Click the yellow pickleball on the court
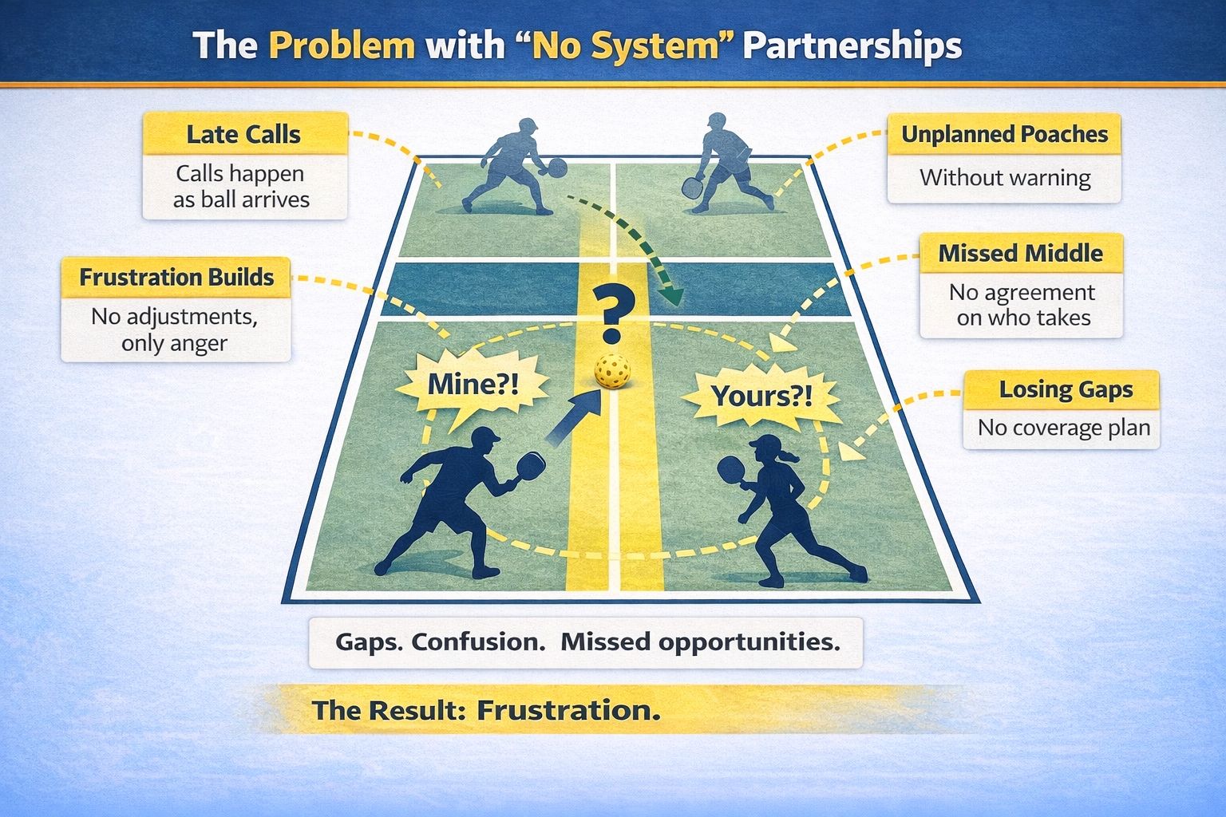pos(613,372)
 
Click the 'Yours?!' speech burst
pos(761,395)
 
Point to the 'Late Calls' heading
pos(243,134)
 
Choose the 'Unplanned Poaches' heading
pos(1004,134)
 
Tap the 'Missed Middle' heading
pos(1020,254)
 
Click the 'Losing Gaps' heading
pos(1066,389)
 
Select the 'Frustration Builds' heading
pos(176,278)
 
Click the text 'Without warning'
pos(1004,177)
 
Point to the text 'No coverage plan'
pos(1063,428)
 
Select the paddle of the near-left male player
pos(531,464)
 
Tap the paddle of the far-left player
pos(556,168)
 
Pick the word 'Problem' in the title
pos(342,45)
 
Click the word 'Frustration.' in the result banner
pos(568,709)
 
